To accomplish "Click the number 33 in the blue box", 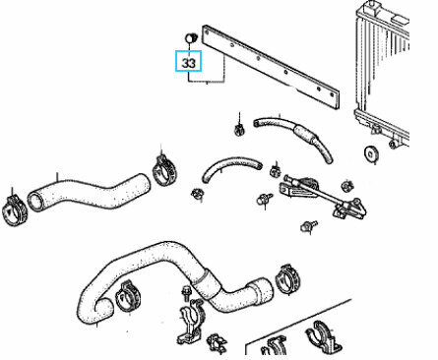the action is tap(188, 63).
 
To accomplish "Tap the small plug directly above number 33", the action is tap(191, 37).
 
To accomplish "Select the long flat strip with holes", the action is tap(271, 66).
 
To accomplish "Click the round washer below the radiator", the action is tap(371, 153).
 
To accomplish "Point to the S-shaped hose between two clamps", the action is tap(89, 193).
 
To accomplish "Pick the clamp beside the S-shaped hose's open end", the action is tap(15, 210).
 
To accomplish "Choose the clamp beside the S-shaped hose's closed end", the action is tap(164, 170).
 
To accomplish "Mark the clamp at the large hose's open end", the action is tap(128, 296).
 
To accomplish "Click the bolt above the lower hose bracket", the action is tap(186, 293).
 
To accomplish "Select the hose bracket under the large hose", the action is tap(191, 323).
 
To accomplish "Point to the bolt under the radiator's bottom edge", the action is tap(392, 144).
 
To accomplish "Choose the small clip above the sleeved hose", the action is tap(240, 130).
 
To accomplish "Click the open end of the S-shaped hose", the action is tap(35, 201).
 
